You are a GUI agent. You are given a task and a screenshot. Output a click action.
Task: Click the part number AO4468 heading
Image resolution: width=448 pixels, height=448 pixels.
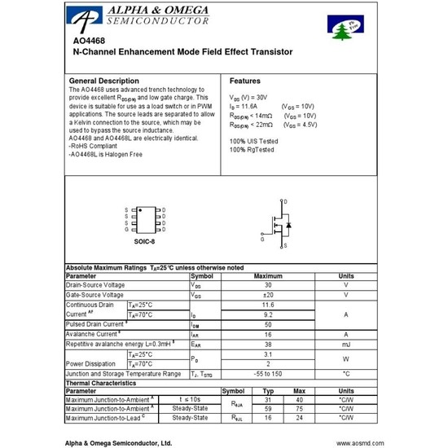87,41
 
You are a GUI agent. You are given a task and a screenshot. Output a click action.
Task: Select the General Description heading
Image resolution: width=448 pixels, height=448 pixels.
103,81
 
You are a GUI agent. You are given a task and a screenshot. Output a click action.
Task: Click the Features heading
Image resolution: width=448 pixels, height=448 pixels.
245,81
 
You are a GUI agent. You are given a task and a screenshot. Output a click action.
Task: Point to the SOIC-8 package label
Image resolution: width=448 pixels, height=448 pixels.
144,242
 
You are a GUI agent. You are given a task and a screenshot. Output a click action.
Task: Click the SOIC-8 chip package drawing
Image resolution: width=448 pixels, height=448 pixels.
144,219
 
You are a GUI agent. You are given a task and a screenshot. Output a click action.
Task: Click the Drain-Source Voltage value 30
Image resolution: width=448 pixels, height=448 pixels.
268,285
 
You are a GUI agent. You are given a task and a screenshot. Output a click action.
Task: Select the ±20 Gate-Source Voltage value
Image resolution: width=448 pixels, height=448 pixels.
268,295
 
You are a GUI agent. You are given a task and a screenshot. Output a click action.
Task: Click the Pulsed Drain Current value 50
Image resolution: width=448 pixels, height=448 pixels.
268,324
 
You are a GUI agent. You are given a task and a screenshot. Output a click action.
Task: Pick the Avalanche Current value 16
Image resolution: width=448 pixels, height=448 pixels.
268,334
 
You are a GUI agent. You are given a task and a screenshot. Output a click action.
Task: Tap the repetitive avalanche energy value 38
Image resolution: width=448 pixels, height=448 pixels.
268,344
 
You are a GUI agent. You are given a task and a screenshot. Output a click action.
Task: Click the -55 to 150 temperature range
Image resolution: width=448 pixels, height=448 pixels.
268,373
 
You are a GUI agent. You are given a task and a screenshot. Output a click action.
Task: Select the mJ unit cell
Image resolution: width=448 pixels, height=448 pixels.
345,344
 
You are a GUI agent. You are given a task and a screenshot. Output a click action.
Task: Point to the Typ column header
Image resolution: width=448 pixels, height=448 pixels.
267,391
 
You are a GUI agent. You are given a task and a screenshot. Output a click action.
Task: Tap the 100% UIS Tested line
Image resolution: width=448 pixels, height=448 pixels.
260,141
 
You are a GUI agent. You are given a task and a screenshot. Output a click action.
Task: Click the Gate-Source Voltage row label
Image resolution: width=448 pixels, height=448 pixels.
95,295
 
